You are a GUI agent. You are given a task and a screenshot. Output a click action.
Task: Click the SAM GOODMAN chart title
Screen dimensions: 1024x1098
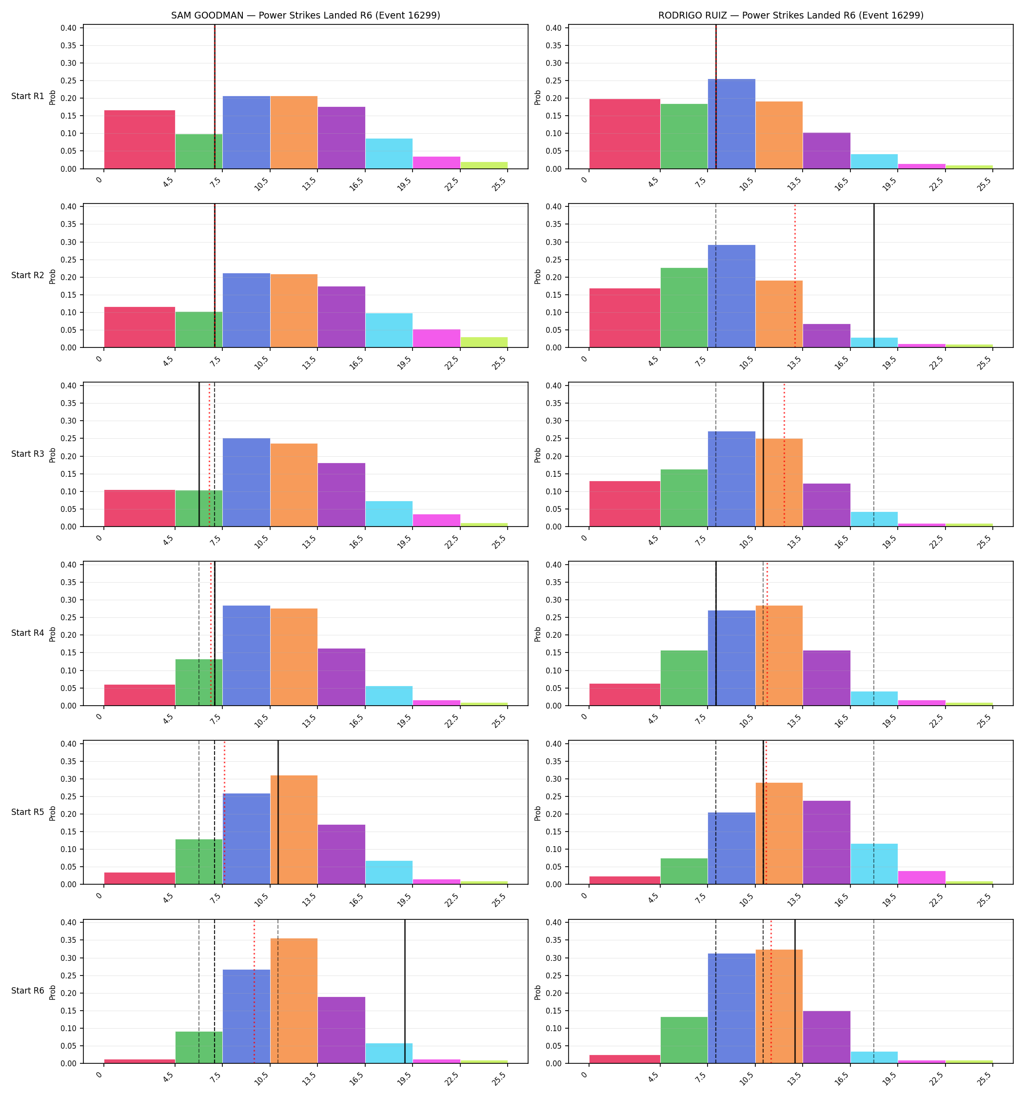pos(305,16)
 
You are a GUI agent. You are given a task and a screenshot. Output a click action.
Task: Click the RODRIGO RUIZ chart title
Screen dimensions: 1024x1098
pos(790,16)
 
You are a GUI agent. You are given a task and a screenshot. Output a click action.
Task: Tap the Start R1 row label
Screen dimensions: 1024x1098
pos(28,96)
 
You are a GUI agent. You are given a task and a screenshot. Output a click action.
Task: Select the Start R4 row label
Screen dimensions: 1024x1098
pos(28,633)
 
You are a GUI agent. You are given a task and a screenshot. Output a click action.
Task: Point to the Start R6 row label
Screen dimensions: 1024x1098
pos(28,991)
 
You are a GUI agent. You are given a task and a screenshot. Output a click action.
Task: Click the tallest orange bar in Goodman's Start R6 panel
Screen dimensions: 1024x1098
pos(294,1001)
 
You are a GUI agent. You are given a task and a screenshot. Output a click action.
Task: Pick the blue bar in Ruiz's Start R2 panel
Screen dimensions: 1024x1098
pos(731,296)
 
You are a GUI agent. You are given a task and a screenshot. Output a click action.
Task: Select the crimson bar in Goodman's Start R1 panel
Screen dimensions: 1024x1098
pos(139,139)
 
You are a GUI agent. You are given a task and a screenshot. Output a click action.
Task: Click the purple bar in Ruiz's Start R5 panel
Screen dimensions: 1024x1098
pos(827,842)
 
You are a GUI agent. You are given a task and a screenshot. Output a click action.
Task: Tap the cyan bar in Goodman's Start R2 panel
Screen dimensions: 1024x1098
pos(389,330)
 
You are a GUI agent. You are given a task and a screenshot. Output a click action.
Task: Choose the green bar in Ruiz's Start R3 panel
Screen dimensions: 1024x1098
pos(684,498)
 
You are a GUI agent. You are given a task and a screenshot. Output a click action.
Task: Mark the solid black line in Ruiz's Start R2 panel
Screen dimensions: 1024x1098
pos(874,276)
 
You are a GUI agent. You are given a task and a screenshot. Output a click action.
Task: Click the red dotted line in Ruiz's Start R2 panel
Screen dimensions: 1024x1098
pos(795,276)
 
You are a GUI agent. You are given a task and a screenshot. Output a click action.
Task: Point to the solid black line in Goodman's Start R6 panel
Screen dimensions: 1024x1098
pos(405,992)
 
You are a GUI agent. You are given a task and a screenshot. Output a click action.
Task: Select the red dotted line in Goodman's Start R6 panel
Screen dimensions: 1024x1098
pos(254,992)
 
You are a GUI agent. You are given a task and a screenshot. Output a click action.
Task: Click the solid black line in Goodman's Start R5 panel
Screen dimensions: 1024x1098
pos(278,813)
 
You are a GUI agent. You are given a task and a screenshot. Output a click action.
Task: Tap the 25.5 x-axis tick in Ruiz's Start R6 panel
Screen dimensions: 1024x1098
pos(988,1076)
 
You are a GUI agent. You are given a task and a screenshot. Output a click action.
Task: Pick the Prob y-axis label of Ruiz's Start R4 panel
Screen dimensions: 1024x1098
pos(538,633)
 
